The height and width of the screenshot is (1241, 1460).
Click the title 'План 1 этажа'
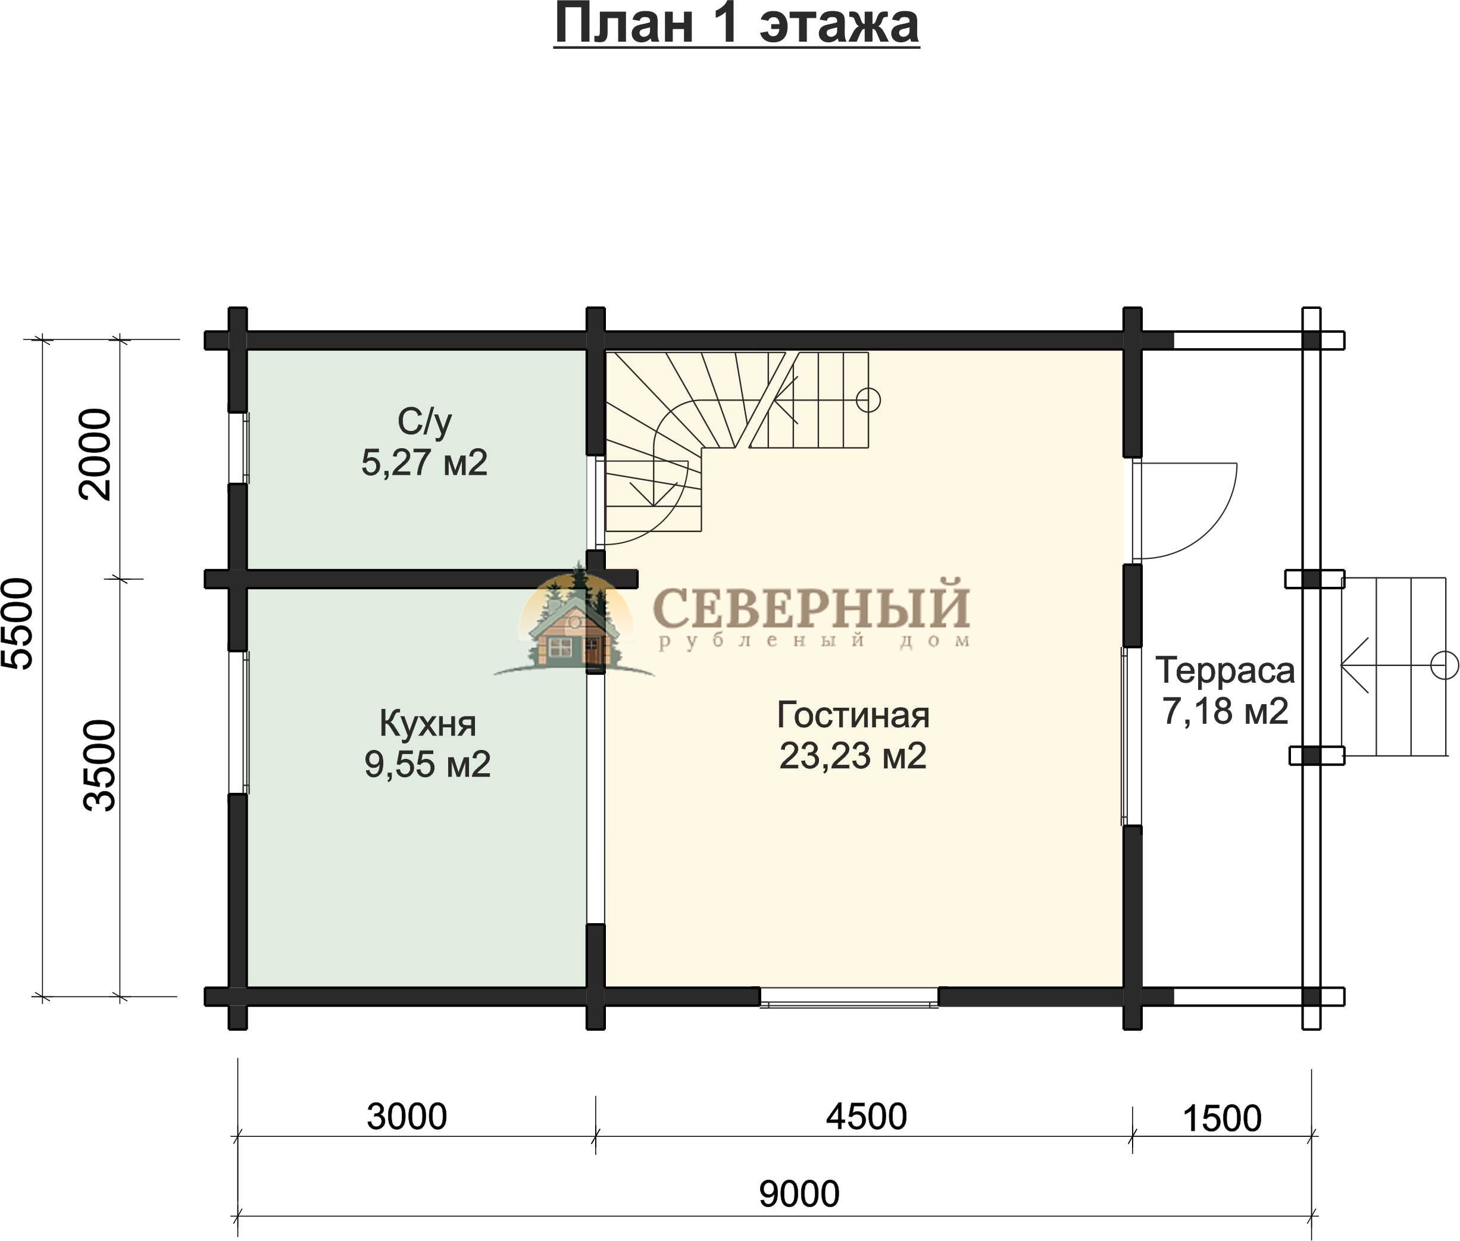click(736, 24)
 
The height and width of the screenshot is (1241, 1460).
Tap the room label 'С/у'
click(424, 421)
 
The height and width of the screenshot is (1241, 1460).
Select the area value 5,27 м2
click(424, 462)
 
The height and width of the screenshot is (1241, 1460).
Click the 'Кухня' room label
click(428, 723)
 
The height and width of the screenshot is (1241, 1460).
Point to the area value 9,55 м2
click(428, 764)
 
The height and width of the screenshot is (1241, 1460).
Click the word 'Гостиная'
click(854, 715)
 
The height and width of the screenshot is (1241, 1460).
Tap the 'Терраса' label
click(1225, 670)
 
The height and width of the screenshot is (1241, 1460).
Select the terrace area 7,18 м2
click(1225, 711)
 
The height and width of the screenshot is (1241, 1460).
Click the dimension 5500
click(17, 623)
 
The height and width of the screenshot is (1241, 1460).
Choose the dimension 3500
click(99, 765)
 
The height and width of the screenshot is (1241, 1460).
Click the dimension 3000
click(407, 1117)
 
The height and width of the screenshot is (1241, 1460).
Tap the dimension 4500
click(866, 1117)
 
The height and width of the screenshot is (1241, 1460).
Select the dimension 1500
click(1222, 1118)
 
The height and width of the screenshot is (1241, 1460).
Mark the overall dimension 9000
click(799, 1194)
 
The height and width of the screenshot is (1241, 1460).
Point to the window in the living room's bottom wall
click(849, 997)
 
